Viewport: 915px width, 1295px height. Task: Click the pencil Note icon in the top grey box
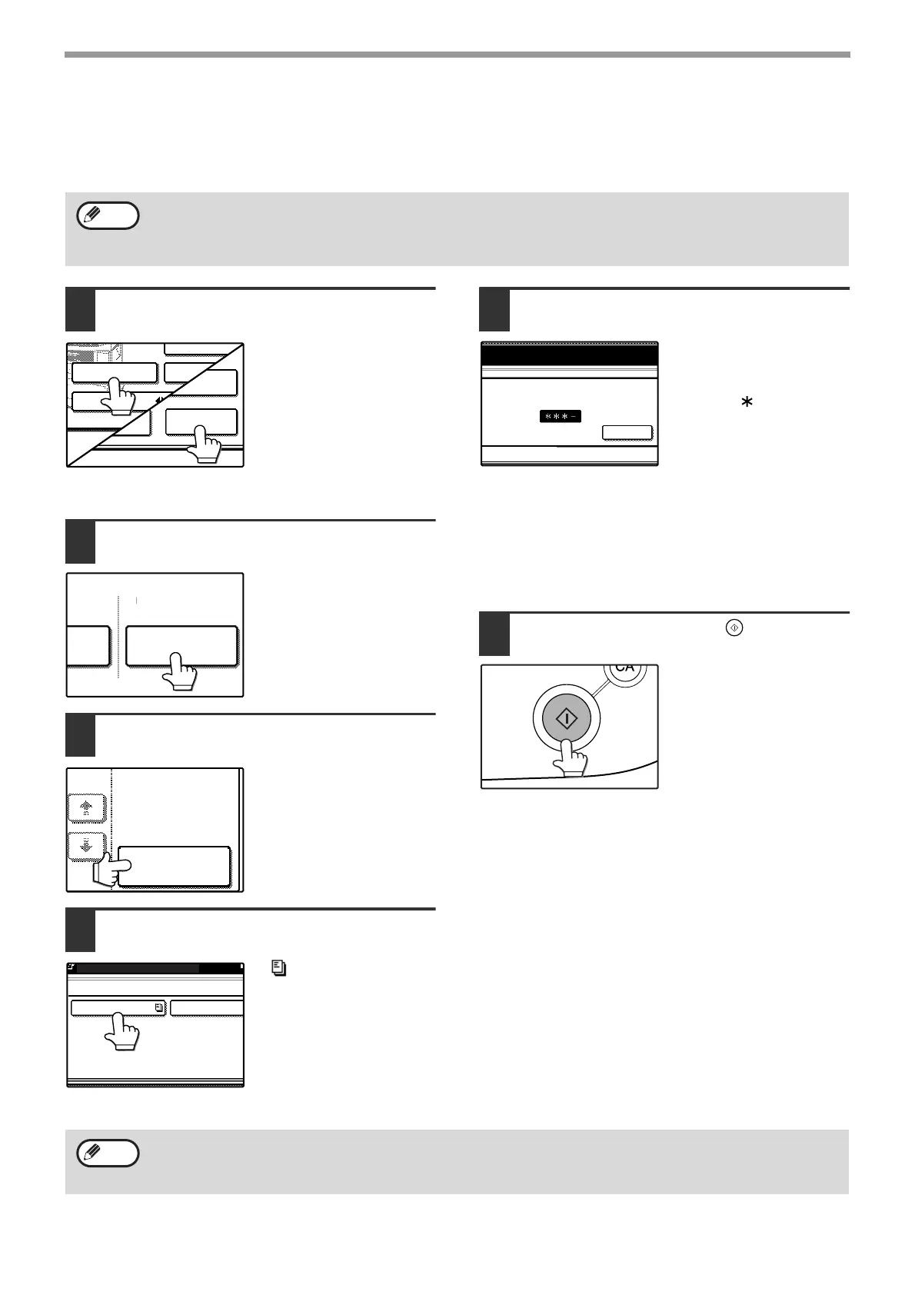(x=108, y=216)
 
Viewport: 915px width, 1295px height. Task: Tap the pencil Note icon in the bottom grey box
(x=108, y=1154)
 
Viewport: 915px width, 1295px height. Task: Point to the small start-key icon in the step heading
(x=734, y=628)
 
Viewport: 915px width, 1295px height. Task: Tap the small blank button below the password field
(x=626, y=433)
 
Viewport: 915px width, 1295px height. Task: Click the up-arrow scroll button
(x=87, y=808)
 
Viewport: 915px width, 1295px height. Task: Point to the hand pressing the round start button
(x=571, y=757)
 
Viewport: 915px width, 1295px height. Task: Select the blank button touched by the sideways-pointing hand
(x=174, y=866)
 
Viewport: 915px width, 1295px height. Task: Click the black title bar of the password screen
(x=569, y=355)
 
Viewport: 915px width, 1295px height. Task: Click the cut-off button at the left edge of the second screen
(x=88, y=645)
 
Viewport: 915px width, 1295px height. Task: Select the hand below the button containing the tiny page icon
(x=121, y=1030)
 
